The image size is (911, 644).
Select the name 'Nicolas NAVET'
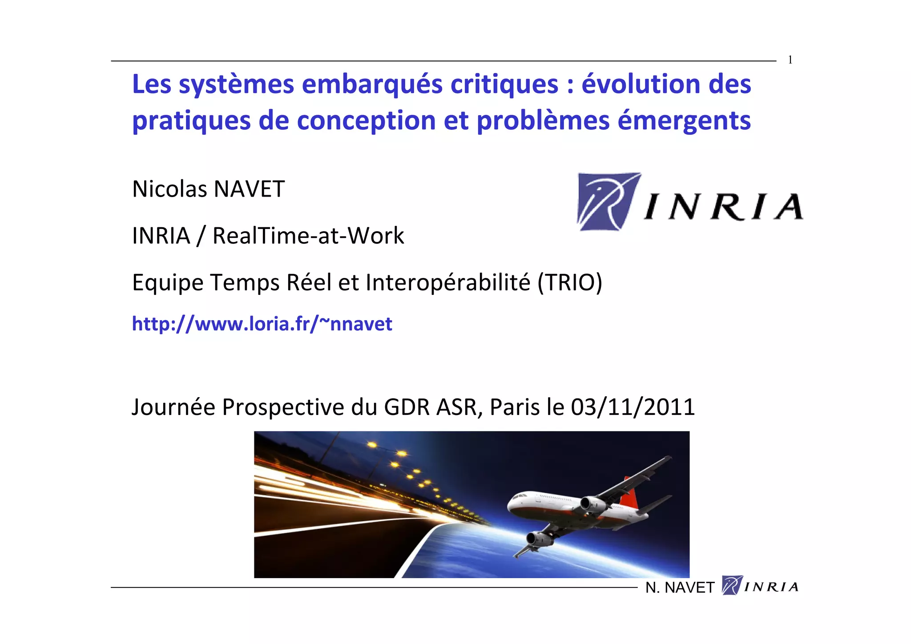(x=208, y=189)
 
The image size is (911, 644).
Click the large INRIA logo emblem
(x=609, y=202)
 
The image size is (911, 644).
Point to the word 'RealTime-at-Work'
(x=308, y=236)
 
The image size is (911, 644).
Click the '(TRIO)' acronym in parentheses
(x=570, y=282)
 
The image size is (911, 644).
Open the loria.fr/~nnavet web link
(x=262, y=324)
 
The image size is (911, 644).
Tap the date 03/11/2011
(x=633, y=407)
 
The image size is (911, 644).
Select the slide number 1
(x=790, y=60)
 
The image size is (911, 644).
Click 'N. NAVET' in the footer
(x=679, y=588)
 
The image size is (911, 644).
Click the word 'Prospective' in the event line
(x=283, y=407)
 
